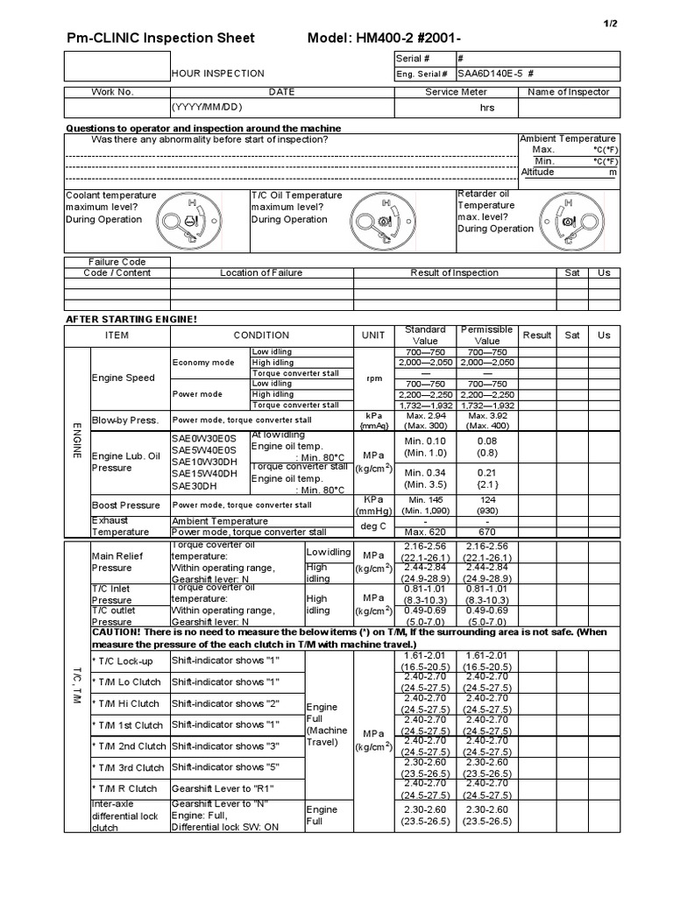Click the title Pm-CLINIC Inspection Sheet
pos(161,38)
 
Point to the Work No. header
pos(112,92)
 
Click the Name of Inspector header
pos(569,92)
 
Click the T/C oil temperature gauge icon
pos(379,219)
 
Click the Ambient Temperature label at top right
pos(568,138)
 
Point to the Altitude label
pos(538,172)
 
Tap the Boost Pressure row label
pos(126,505)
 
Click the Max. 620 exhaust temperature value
pos(424,532)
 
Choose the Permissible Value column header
pos(486,335)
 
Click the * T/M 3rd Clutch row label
pos(127,767)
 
